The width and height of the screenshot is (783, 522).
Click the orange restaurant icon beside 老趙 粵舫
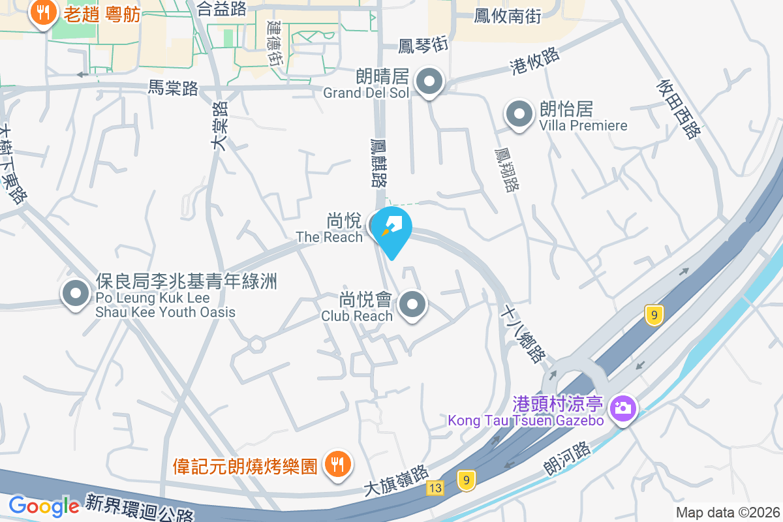pos(43,14)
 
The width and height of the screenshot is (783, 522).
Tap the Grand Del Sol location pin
pos(429,83)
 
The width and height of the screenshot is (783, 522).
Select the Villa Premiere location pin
pos(519,115)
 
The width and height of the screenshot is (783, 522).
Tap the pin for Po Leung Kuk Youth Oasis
pos(76,293)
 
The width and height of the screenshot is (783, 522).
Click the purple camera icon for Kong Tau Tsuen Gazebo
pos(623,409)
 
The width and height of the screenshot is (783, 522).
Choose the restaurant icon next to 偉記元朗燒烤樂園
pos(337,465)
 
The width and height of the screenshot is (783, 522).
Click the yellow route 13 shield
pos(436,487)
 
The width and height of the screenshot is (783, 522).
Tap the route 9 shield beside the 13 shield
pos(466,481)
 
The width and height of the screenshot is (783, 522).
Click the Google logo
pos(44,506)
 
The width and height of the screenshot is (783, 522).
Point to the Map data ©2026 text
pos(728,512)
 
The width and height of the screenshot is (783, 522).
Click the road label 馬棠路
pos(173,89)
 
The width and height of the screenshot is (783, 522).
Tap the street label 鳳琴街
pos(423,45)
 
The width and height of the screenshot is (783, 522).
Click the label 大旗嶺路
pos(395,480)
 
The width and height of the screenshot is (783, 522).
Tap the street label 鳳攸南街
pos(508,16)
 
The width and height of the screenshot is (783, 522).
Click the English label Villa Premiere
pos(583,125)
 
